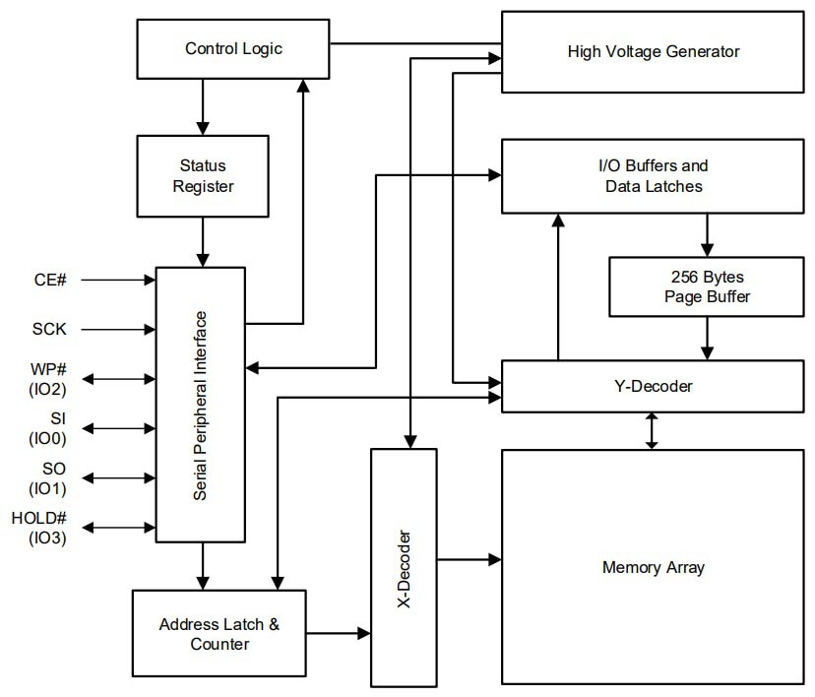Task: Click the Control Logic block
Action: pos(233,48)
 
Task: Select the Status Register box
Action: pos(203,175)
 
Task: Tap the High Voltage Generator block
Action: pos(653,51)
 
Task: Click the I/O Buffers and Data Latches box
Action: pos(653,175)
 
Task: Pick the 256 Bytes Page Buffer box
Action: pos(706,286)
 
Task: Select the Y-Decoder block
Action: pos(653,386)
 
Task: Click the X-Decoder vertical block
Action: pos(404,567)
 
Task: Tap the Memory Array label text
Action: pos(653,567)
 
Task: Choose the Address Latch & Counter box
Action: pos(219,634)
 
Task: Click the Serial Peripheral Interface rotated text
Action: pos(201,405)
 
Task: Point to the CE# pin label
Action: pos(49,280)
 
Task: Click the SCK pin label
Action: pos(48,329)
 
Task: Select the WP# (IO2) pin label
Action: pos(48,378)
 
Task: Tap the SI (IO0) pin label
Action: pos(48,428)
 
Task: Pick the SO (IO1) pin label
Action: pos(48,478)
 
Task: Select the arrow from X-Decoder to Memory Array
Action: pos(469,559)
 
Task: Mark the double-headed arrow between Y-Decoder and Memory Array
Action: pos(651,430)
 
